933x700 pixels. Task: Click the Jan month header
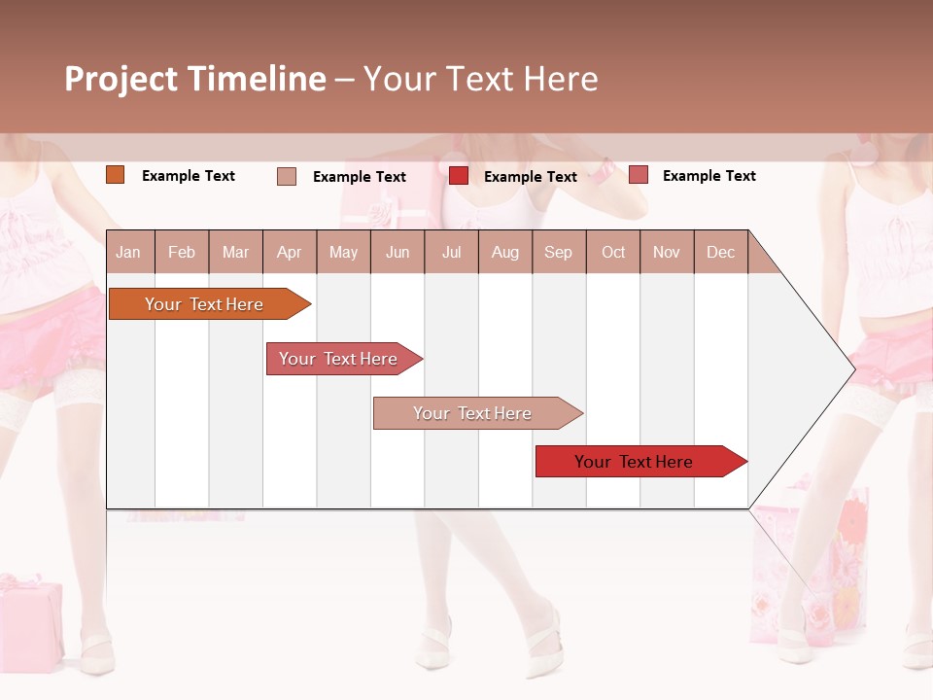tap(128, 252)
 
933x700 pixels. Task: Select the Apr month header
tap(289, 252)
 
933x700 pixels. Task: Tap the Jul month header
tap(451, 252)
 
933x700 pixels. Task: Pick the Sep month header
tap(558, 252)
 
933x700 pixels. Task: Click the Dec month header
tap(720, 252)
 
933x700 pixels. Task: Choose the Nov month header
tap(666, 252)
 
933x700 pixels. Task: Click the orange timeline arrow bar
tap(204, 304)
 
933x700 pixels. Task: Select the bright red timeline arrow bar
tap(634, 462)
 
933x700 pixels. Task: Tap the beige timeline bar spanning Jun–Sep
tap(472, 413)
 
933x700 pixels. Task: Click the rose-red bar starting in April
tap(338, 359)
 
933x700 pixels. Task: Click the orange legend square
tap(115, 175)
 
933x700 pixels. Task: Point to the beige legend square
tap(287, 176)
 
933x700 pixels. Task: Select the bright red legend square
tap(459, 176)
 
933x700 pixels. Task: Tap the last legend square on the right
tap(638, 175)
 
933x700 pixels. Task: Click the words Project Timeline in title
tap(194, 79)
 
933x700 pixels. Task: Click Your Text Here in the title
tap(480, 79)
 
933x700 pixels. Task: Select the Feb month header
tap(182, 252)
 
